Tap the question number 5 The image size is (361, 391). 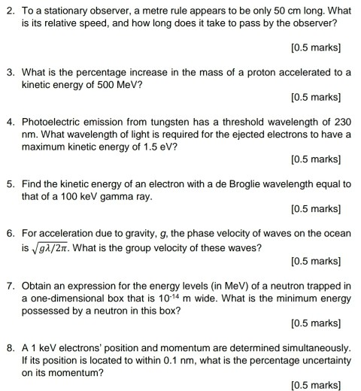[10, 184]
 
